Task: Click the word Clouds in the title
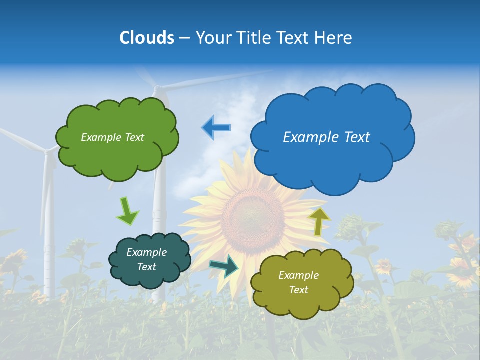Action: [147, 38]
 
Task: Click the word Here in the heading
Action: [334, 38]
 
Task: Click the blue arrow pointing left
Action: [216, 128]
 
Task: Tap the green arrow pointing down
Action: [127, 211]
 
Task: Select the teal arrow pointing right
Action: [224, 266]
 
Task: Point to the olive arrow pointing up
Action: [319, 221]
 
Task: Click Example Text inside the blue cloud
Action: [326, 137]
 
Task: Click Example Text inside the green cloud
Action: [112, 137]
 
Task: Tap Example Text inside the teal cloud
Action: [146, 260]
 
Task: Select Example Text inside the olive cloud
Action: [298, 282]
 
